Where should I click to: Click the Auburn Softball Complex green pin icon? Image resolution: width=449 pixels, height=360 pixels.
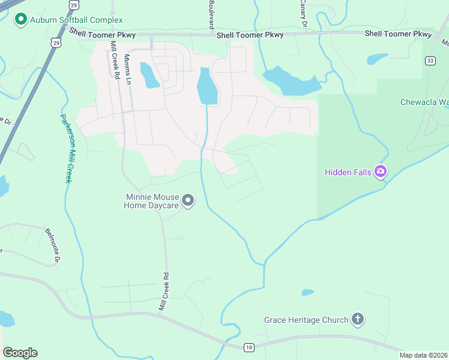tap(20, 20)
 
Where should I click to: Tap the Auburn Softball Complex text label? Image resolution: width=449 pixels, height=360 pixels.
tap(76, 20)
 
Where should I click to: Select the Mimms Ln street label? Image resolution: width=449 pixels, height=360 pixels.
tap(127, 69)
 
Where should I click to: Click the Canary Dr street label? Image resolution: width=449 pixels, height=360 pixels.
tap(303, 14)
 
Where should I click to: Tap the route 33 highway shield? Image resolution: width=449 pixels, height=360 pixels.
tap(430, 61)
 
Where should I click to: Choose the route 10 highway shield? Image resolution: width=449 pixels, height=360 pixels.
tap(249, 347)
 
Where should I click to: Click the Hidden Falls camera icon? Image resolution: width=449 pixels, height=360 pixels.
tap(381, 172)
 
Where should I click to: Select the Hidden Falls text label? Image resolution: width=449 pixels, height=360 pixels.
tap(348, 172)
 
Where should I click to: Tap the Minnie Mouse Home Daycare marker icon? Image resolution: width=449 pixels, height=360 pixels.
tap(188, 200)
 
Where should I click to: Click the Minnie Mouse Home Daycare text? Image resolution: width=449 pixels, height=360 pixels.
tap(151, 201)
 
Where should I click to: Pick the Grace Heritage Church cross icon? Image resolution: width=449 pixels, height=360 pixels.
tap(358, 319)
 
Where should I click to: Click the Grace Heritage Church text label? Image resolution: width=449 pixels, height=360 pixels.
tap(306, 320)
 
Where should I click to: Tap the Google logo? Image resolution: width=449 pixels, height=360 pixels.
tap(20, 353)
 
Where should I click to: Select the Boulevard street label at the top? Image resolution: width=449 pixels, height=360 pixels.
tap(211, 15)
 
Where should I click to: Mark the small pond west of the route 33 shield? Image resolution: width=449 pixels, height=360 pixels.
tap(378, 59)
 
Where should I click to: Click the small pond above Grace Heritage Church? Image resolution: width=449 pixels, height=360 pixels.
tap(308, 293)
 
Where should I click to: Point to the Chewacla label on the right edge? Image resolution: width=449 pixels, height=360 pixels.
tap(424, 102)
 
